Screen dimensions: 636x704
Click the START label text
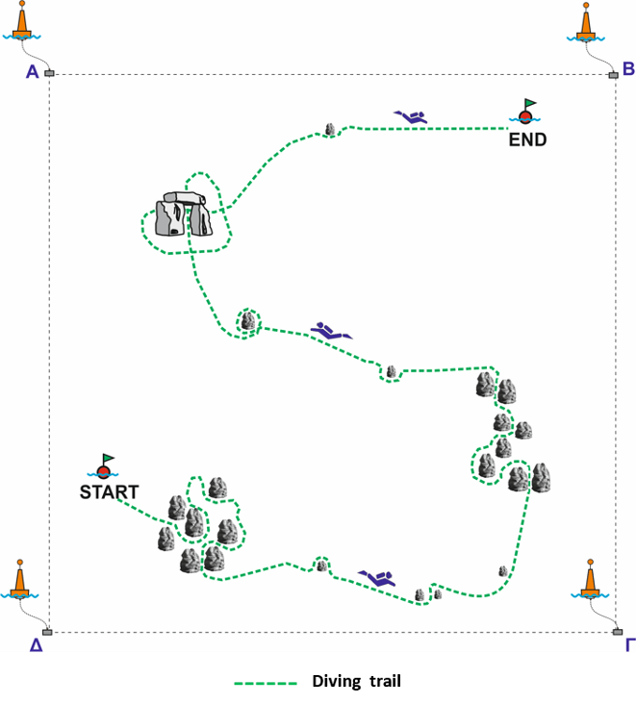109,492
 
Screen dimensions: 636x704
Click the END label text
527,139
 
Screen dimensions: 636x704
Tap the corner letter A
33,72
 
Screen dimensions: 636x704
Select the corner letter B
628,68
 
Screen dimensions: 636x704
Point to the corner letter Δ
36,645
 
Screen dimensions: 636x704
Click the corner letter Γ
630,645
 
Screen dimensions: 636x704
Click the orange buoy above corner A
21,21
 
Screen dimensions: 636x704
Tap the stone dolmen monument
184,214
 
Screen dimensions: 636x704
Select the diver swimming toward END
411,116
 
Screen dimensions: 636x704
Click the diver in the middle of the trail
332,331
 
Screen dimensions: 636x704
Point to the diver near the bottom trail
377,579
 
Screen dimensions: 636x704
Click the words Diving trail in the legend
357,682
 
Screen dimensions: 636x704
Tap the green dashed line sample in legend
266,684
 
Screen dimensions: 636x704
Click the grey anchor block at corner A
49,73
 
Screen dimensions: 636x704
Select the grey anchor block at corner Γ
618,632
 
